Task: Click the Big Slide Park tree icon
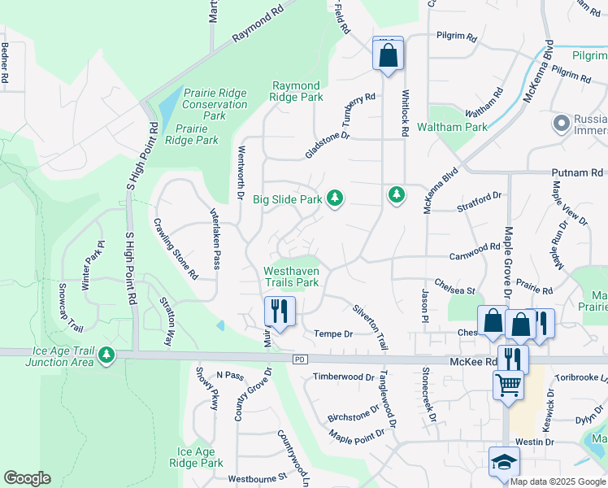click(334, 198)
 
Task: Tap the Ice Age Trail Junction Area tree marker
click(106, 355)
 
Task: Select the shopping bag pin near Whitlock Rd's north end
click(388, 55)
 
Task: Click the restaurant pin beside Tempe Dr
click(280, 312)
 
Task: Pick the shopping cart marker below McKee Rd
click(508, 385)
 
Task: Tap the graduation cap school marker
click(504, 462)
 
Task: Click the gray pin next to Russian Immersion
click(561, 123)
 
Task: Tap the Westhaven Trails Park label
click(290, 277)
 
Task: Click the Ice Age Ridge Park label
click(195, 457)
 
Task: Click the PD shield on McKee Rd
click(300, 359)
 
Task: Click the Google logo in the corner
click(27, 478)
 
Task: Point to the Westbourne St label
click(258, 477)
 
